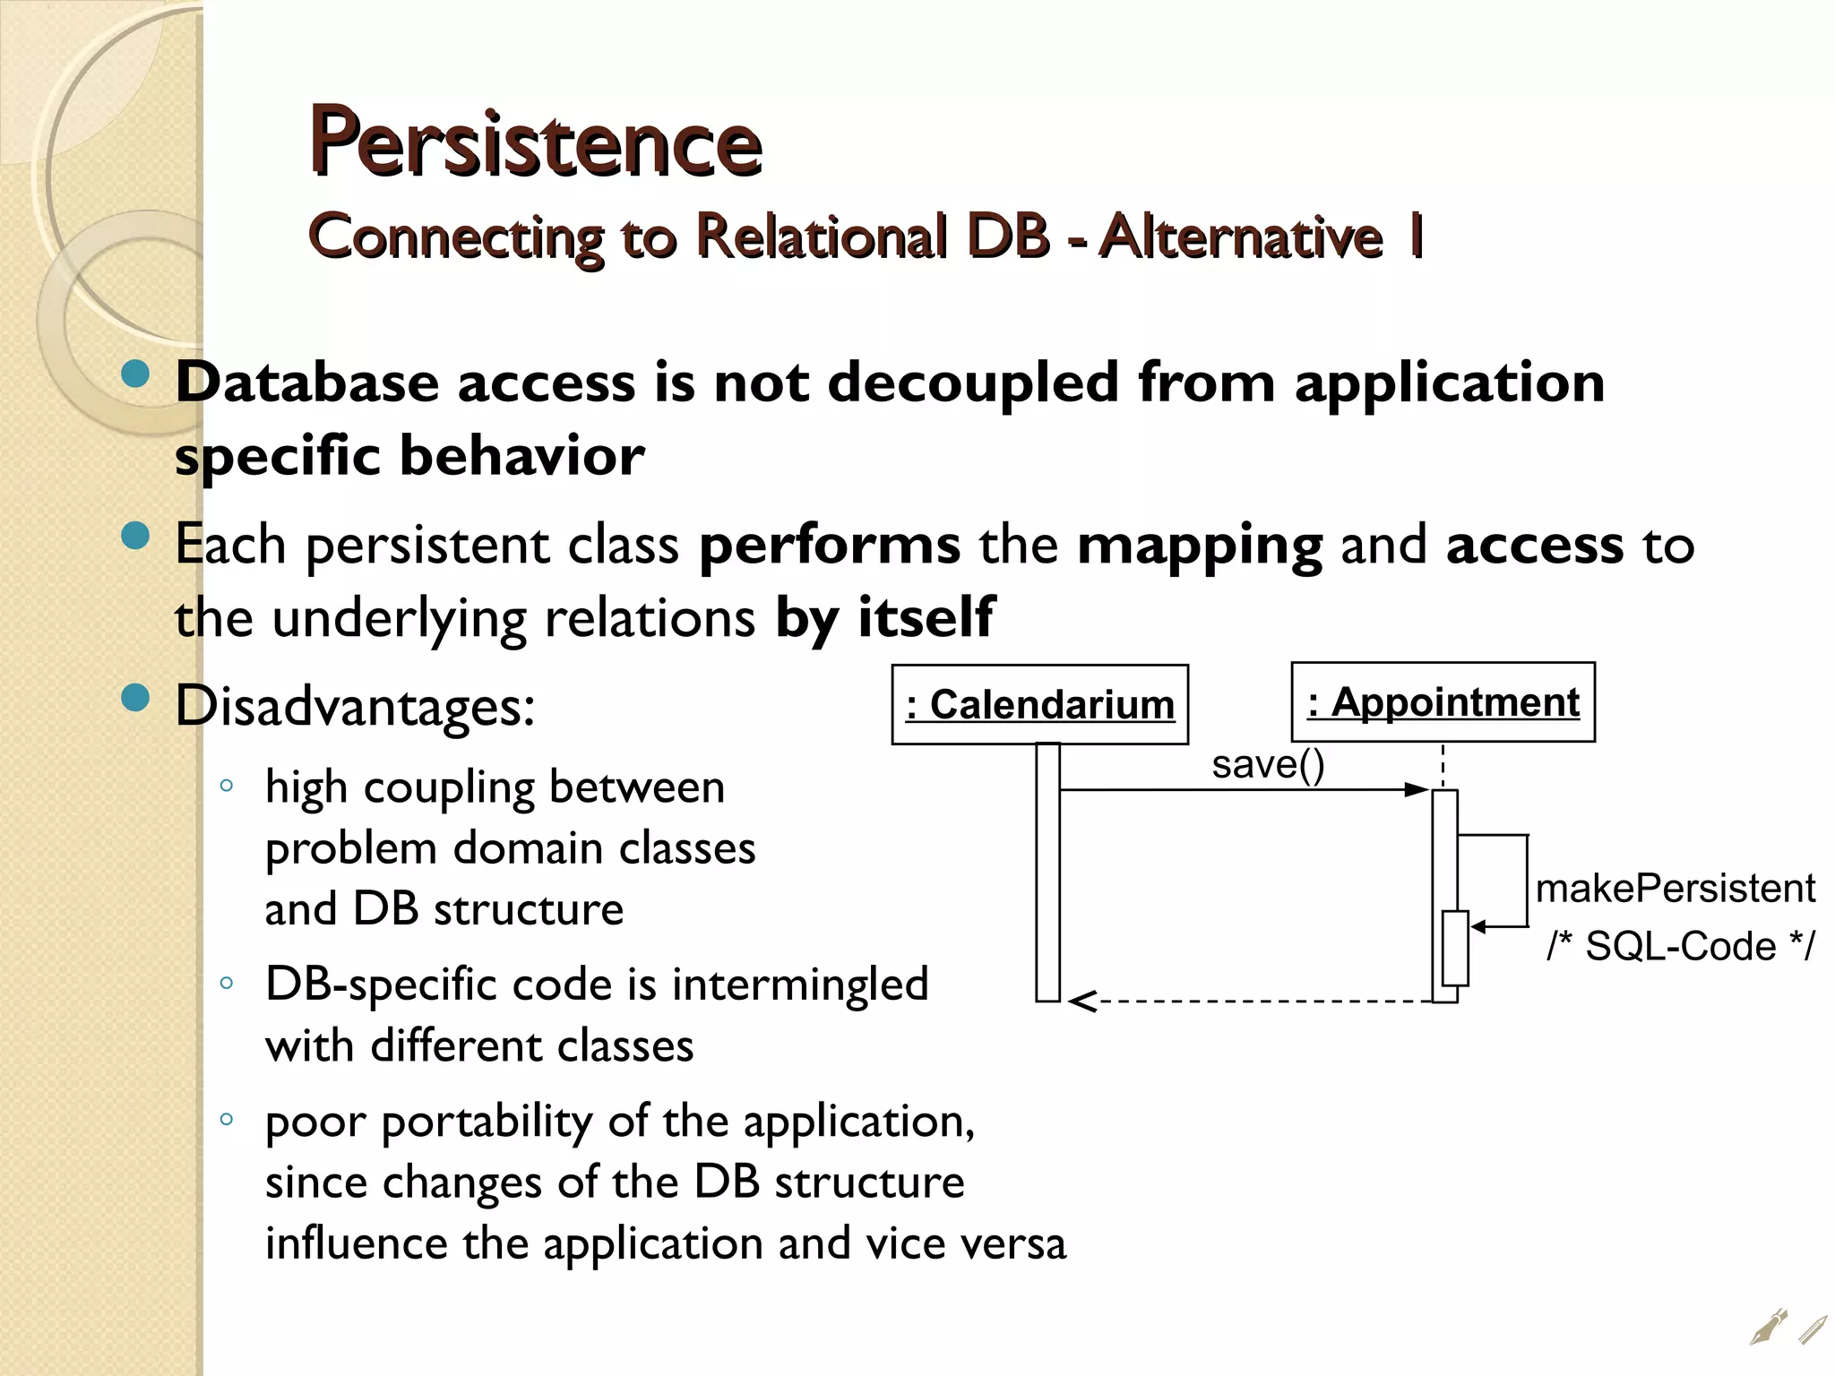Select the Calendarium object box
tap(1039, 704)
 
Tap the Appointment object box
tap(1443, 702)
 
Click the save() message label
tap(1268, 764)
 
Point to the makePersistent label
tap(1675, 889)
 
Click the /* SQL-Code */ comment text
tap(1681, 946)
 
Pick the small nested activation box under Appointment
tap(1455, 948)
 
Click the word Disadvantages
tap(354, 706)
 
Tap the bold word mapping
tap(1199, 545)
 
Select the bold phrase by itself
tap(883, 617)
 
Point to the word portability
tap(489, 1122)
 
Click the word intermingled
tap(800, 985)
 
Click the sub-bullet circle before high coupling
tap(227, 787)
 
